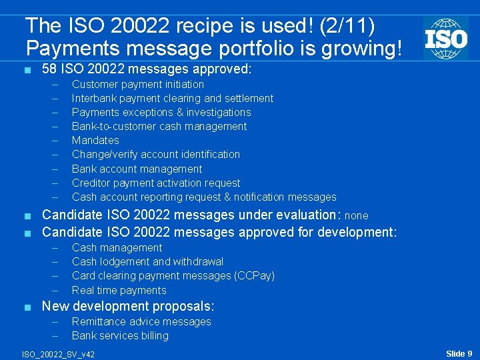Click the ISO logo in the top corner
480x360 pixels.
point(445,38)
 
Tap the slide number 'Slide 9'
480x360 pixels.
point(459,353)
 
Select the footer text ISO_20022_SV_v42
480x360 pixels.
point(58,354)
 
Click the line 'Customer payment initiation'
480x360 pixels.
point(137,84)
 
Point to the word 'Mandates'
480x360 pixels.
point(95,140)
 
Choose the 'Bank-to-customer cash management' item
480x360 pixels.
point(159,126)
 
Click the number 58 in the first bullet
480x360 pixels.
point(49,68)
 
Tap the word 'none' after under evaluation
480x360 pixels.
point(356,216)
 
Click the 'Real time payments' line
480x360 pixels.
point(119,290)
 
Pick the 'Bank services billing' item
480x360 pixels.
point(120,335)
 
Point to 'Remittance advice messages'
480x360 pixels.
point(141,321)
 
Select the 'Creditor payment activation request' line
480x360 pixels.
point(155,183)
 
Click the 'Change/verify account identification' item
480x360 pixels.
point(155,154)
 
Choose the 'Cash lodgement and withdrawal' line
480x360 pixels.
point(147,261)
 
